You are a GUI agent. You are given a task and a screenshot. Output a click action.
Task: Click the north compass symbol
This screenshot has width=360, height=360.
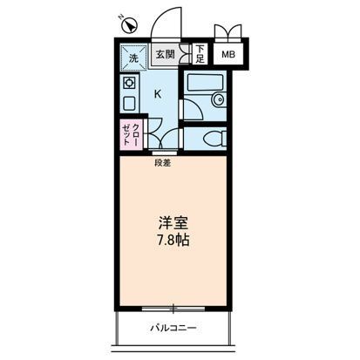(x=122, y=20)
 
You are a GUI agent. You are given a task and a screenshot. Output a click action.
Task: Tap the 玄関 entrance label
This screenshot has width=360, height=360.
(x=166, y=55)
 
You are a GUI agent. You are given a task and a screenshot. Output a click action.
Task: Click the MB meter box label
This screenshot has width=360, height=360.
(x=228, y=55)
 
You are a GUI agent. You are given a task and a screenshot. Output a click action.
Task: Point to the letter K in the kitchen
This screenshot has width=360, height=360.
(x=158, y=93)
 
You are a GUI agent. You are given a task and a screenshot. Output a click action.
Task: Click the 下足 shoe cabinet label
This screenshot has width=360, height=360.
(x=200, y=55)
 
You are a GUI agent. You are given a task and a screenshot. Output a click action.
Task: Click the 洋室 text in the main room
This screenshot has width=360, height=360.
(x=173, y=221)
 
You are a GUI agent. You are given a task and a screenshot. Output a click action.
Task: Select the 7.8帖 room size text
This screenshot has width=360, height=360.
(x=173, y=239)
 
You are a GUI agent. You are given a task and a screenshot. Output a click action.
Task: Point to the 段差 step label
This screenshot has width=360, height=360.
(x=162, y=162)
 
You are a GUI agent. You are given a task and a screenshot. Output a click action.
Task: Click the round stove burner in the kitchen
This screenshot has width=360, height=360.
(x=130, y=84)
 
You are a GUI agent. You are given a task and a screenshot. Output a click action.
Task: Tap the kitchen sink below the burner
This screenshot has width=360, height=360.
(x=129, y=104)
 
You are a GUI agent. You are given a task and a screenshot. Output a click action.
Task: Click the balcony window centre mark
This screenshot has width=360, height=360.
(x=174, y=307)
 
